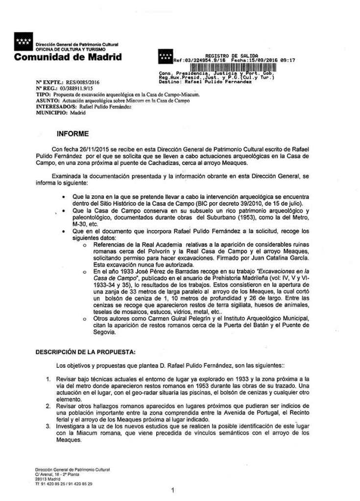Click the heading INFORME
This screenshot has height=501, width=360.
coord(73,134)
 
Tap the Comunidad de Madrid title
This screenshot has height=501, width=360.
coord(68,57)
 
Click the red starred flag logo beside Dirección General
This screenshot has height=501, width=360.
coord(23,43)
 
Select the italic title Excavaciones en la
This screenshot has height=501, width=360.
coord(282,271)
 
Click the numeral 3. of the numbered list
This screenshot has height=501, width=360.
coord(48,427)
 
